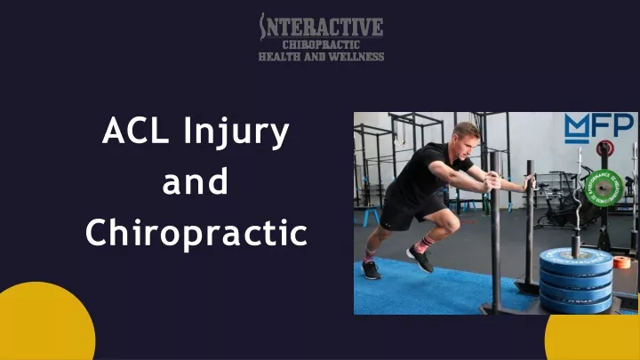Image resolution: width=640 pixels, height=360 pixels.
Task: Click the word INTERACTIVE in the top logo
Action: coord(321,27)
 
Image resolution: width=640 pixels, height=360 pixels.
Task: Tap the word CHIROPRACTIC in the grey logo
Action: coord(321,44)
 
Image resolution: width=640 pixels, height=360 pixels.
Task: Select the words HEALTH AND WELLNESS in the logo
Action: coord(321,56)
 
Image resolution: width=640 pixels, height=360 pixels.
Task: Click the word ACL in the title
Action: coord(135,131)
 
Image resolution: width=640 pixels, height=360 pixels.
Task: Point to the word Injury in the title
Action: coord(236,132)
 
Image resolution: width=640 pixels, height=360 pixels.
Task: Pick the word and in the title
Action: coord(195,181)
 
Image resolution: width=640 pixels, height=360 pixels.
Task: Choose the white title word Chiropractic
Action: coord(196,232)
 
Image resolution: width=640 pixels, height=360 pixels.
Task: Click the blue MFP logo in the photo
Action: coord(599,128)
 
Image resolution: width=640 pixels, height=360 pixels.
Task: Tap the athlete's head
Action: coord(466,138)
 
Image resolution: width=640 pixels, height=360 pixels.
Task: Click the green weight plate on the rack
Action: coord(604,188)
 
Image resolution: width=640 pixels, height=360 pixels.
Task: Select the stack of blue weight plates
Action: coord(576,280)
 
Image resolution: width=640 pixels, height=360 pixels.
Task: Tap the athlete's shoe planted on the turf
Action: coord(371,270)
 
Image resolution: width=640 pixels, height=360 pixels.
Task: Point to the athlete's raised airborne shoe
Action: coord(420,260)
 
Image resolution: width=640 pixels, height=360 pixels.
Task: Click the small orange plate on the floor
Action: coord(621,262)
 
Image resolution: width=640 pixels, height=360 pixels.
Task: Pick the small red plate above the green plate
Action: coord(605,148)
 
